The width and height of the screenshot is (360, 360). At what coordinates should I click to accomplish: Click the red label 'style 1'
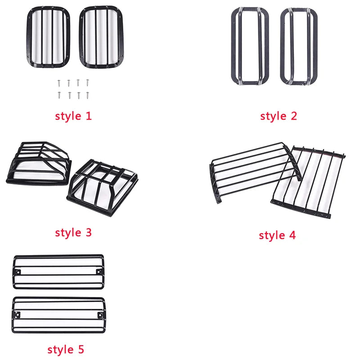[73, 116]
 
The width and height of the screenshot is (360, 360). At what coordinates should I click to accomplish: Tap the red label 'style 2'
[279, 116]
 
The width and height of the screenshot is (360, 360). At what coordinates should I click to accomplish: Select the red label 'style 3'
[73, 233]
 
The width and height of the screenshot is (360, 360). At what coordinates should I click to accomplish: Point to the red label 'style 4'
[277, 235]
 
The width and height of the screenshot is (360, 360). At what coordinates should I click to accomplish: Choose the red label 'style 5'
[66, 350]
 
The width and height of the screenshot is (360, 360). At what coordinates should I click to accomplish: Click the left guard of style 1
[48, 37]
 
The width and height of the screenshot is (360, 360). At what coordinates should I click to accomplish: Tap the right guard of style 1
[102, 37]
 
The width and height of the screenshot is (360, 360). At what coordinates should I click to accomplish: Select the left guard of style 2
[250, 46]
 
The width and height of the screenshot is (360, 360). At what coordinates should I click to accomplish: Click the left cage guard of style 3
[39, 163]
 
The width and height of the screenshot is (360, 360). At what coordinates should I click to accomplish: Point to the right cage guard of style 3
[103, 188]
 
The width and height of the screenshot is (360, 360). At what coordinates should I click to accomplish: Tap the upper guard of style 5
[58, 272]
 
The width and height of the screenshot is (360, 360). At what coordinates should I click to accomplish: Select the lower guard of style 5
[58, 315]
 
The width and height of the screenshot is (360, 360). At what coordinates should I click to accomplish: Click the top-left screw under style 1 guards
[59, 83]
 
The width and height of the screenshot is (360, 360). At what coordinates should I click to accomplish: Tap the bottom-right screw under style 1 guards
[88, 95]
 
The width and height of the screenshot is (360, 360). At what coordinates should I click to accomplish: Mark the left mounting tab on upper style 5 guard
[18, 272]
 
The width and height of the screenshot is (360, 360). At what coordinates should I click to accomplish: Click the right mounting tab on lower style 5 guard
[100, 315]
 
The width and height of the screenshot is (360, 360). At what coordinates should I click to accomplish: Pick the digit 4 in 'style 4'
[292, 235]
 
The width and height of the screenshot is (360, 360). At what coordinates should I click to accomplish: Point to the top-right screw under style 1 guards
[87, 83]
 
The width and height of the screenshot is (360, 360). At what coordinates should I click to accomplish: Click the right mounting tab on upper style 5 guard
[99, 272]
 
